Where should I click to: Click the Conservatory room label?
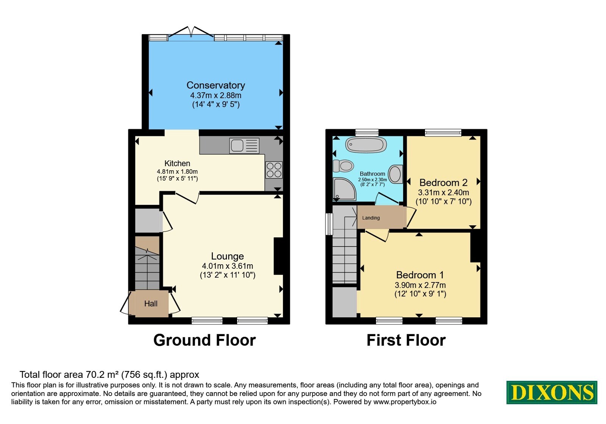click(216, 85)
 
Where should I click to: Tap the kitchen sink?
click(244, 146)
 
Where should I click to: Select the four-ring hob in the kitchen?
click(274, 170)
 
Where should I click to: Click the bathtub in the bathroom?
click(366, 145)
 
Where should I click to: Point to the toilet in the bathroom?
click(343, 166)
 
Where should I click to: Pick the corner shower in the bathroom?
click(344, 189)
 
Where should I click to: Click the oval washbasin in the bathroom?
click(395, 174)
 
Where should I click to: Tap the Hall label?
click(151, 304)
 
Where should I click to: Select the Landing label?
click(371, 218)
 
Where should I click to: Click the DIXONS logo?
click(551, 392)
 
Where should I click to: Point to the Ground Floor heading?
click(205, 340)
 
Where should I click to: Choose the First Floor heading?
click(406, 340)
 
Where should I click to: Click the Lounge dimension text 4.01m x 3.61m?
click(228, 266)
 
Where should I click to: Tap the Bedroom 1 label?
click(420, 275)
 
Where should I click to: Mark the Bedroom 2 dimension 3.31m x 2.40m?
click(444, 193)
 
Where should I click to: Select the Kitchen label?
click(177, 163)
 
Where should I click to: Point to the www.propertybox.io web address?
click(405, 402)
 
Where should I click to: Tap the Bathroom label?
click(372, 174)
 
